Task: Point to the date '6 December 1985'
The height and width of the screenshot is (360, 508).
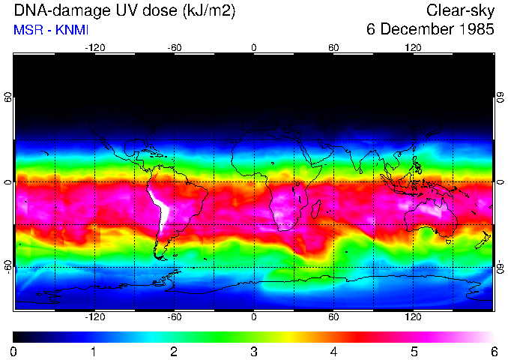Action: [x=430, y=30]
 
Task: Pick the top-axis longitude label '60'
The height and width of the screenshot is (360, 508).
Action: [x=333, y=47]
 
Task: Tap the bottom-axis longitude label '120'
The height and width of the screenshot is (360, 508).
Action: [x=413, y=316]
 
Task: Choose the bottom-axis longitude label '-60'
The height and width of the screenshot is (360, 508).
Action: [x=174, y=316]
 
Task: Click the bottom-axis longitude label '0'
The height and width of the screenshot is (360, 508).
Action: [x=254, y=316]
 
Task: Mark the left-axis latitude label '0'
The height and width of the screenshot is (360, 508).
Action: [x=8, y=182]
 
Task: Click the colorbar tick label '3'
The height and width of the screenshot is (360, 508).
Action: [x=254, y=351]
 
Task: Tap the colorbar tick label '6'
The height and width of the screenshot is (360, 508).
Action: [x=493, y=351]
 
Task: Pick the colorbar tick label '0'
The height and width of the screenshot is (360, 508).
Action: [x=14, y=351]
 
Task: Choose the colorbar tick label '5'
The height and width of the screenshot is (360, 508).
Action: [x=414, y=351]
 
